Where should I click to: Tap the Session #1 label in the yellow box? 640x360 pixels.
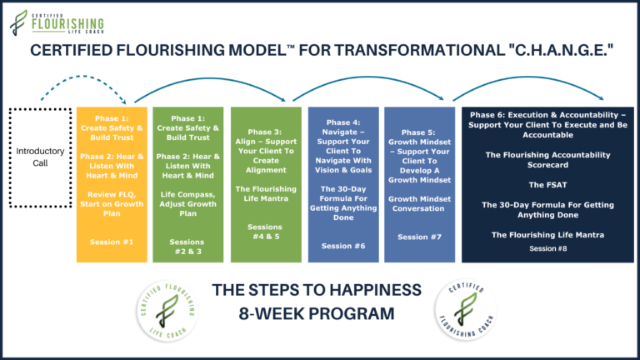click(x=112, y=242)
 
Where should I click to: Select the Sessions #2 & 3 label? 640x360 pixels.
click(x=187, y=247)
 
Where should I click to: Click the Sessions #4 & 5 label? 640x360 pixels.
click(x=265, y=232)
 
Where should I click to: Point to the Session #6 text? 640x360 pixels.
click(x=343, y=246)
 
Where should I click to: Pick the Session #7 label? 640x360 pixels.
click(x=420, y=237)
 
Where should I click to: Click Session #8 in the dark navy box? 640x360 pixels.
click(x=547, y=248)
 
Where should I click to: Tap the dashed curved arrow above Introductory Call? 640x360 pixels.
click(x=82, y=77)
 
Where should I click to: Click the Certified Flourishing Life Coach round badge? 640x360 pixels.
click(x=167, y=311)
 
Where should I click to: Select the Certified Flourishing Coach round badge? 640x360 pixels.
click(x=466, y=309)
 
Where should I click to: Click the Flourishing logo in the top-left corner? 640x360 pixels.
click(x=57, y=22)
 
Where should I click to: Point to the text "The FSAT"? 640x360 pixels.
click(x=547, y=185)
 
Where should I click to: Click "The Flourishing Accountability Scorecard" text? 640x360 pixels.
click(x=547, y=160)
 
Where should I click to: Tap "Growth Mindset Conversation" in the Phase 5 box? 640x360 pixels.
click(x=420, y=203)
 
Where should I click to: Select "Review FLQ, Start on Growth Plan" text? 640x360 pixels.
click(x=112, y=203)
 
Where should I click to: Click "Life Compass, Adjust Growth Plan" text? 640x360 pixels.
click(x=187, y=203)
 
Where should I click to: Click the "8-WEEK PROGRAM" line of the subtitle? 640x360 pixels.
click(x=317, y=313)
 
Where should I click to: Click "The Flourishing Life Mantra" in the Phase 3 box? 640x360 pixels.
click(x=266, y=194)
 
